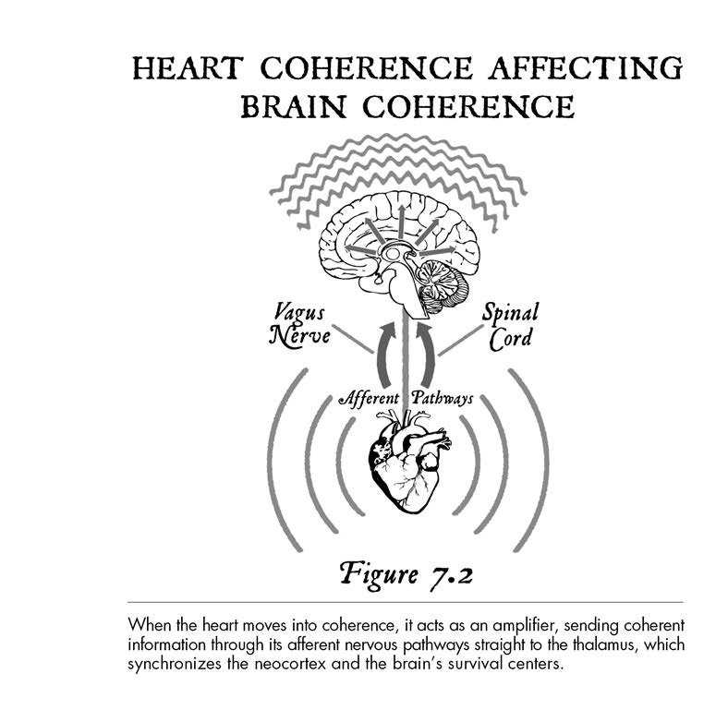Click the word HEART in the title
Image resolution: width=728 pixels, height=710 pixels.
[x=188, y=67]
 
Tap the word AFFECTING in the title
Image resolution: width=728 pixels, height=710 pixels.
[x=586, y=67]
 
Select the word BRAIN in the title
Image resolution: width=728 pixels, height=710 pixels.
[x=294, y=106]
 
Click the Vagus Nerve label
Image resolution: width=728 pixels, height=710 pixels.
[x=299, y=324]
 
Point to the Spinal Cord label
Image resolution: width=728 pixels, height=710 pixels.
[x=510, y=325]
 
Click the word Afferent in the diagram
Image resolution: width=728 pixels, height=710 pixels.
[x=370, y=398]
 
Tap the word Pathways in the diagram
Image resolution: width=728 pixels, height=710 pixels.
[x=442, y=398]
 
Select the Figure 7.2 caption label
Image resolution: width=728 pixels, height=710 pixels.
[x=406, y=574]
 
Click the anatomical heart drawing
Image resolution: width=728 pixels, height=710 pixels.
[x=408, y=464]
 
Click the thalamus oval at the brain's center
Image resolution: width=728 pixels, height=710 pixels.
[x=393, y=253]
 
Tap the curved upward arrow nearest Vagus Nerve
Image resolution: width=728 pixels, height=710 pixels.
[x=383, y=355]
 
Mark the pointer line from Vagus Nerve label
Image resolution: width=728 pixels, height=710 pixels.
[x=353, y=339]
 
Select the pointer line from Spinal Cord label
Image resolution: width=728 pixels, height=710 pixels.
[x=461, y=340]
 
